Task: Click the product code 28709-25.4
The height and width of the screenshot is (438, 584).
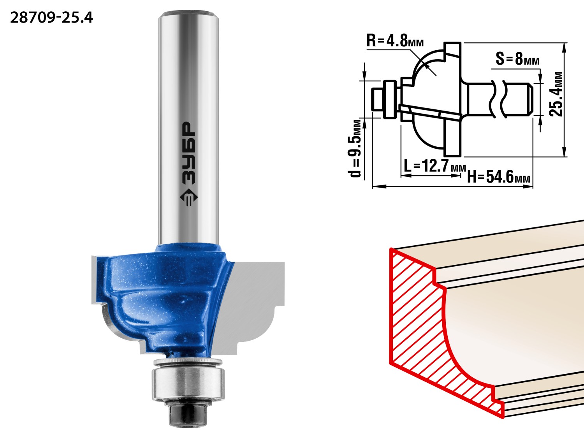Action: pos(51,18)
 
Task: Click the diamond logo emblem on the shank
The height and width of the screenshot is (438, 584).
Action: pos(189,198)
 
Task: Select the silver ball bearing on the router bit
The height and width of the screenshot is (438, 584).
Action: pos(188,384)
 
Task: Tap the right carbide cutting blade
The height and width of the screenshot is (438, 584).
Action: pos(253,306)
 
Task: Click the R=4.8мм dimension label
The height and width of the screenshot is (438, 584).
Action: pos(395,41)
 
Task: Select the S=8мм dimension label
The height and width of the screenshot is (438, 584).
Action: pos(517,59)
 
